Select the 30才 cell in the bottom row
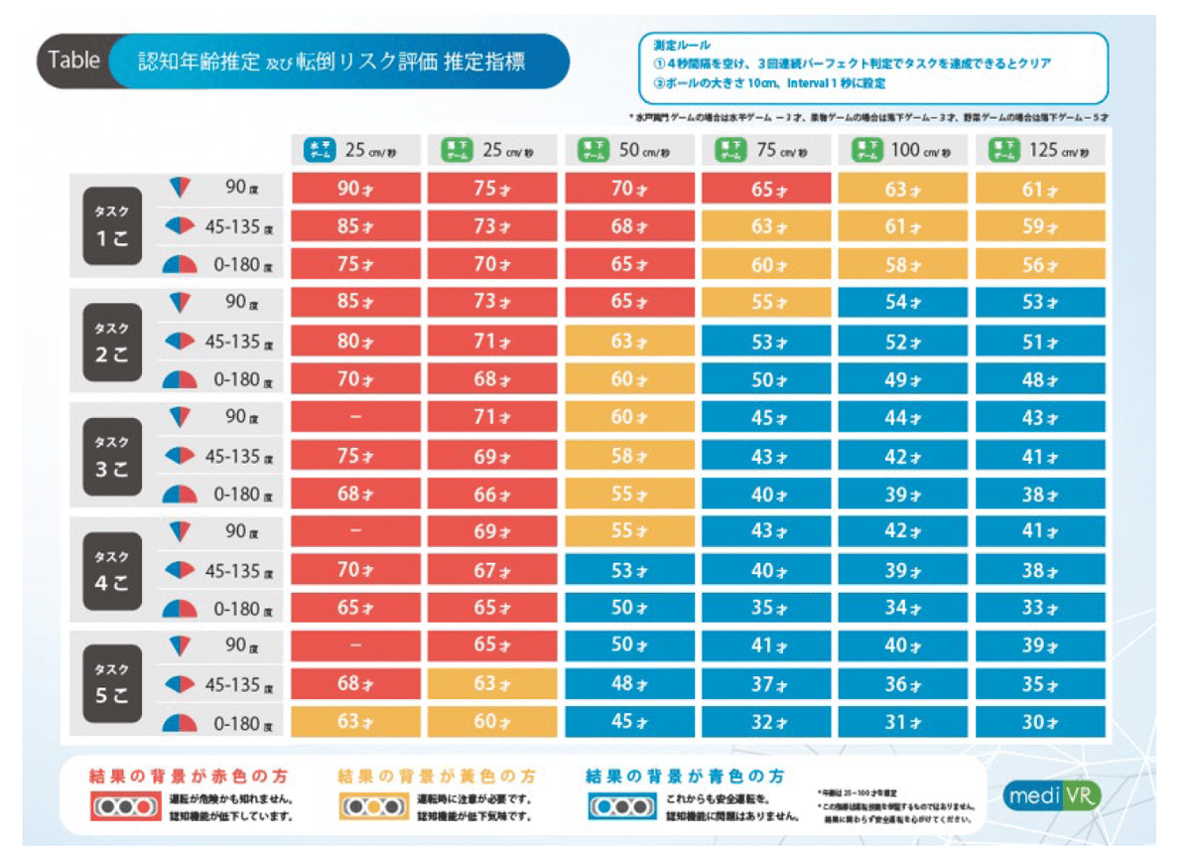[x=1040, y=723]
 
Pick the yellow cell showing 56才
[x=1040, y=266]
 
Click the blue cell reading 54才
[x=903, y=303]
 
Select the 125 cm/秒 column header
[x=1040, y=151]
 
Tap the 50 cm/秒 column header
[x=629, y=151]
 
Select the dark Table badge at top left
[x=75, y=60]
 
